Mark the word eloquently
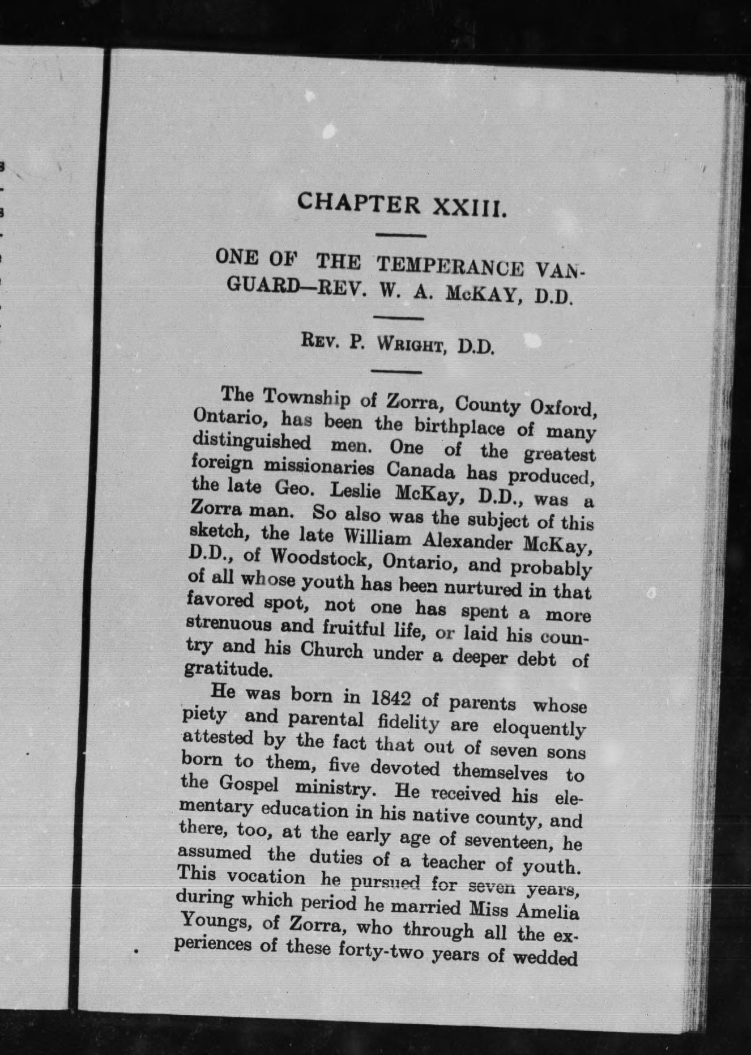[539, 728]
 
